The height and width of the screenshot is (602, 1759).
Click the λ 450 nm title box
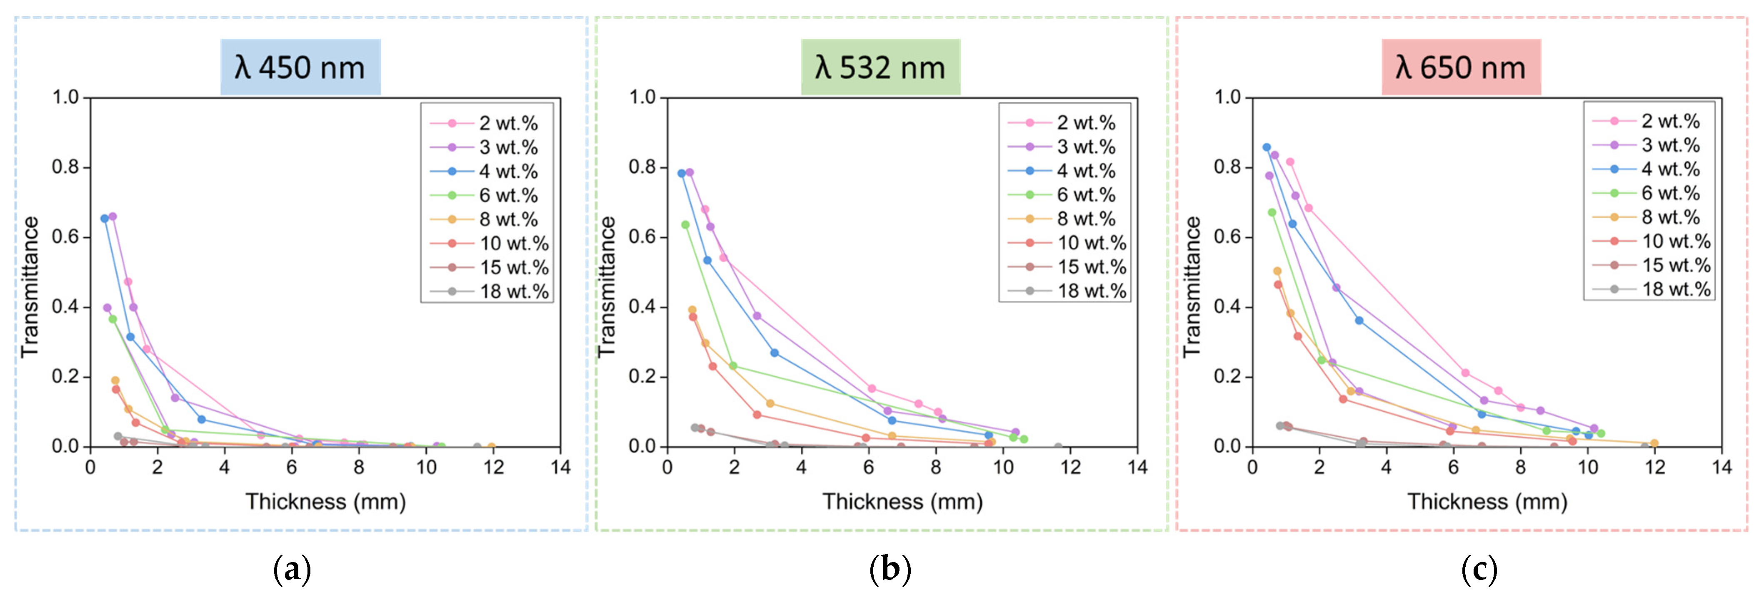[300, 67]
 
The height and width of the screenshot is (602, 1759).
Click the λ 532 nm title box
[880, 67]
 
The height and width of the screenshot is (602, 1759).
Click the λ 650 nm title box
[1461, 67]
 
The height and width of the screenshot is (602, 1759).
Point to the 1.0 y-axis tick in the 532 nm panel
[642, 97]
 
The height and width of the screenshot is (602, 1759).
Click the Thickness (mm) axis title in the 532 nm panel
[902, 502]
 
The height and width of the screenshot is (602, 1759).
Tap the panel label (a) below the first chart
[292, 569]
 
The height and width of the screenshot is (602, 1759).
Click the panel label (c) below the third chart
[1479, 569]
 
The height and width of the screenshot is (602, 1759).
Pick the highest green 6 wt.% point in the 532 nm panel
[685, 224]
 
